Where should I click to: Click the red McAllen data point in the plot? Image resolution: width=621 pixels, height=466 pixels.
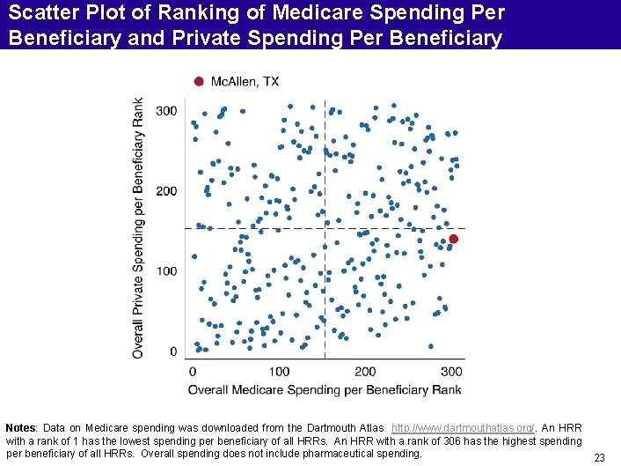coord(454,239)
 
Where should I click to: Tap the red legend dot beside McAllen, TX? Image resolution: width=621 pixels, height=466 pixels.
coord(199,82)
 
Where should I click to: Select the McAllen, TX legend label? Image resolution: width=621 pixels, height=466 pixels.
coord(245,82)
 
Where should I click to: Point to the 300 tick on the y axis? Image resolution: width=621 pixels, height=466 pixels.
coord(165,111)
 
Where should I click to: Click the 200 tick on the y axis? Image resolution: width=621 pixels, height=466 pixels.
coord(165,191)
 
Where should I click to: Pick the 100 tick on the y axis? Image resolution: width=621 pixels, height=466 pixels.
coord(165,271)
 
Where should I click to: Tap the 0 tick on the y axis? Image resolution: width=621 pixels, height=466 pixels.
coord(172,351)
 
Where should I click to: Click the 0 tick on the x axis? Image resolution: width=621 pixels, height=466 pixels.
coord(192,372)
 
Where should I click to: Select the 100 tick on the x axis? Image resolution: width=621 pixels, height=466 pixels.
coord(279,372)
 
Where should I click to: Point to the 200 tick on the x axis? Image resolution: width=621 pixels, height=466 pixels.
coord(365,372)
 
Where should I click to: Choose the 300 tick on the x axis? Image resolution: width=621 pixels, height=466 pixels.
coord(451,372)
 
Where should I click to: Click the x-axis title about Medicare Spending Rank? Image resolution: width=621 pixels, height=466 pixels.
coord(325,389)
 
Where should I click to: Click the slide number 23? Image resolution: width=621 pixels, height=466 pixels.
coord(599,457)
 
